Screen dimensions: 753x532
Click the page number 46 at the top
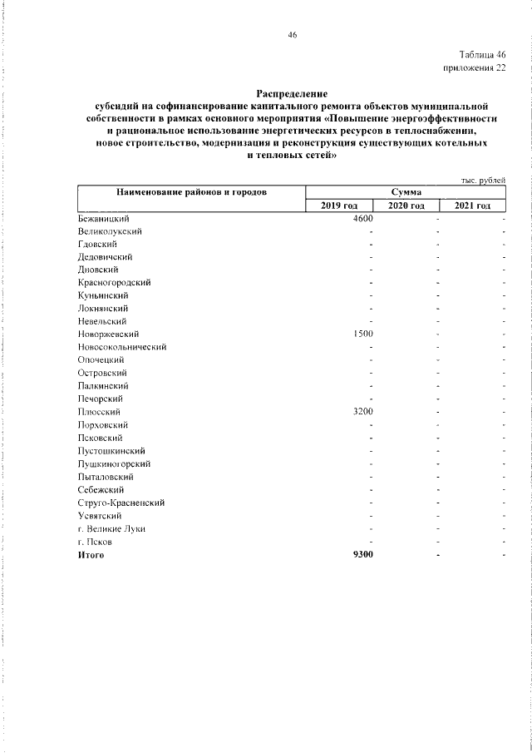tap(292, 34)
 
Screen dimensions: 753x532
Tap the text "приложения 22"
tap(476, 69)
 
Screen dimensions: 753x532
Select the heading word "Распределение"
tap(292, 95)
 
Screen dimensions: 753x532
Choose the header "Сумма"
tap(401, 192)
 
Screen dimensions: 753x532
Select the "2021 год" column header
tap(472, 206)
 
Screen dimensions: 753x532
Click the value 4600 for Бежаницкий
tap(362, 218)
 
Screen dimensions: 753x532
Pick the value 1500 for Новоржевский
tap(362, 334)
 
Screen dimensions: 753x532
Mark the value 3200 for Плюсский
tap(362, 412)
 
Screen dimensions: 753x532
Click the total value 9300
tap(362, 554)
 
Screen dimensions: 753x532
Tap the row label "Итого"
tap(91, 554)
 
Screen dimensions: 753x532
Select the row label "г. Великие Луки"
tap(111, 528)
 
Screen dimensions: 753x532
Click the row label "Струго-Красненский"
tap(121, 503)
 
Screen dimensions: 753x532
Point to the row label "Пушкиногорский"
tap(114, 463)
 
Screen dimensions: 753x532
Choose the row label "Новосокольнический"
tap(122, 347)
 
